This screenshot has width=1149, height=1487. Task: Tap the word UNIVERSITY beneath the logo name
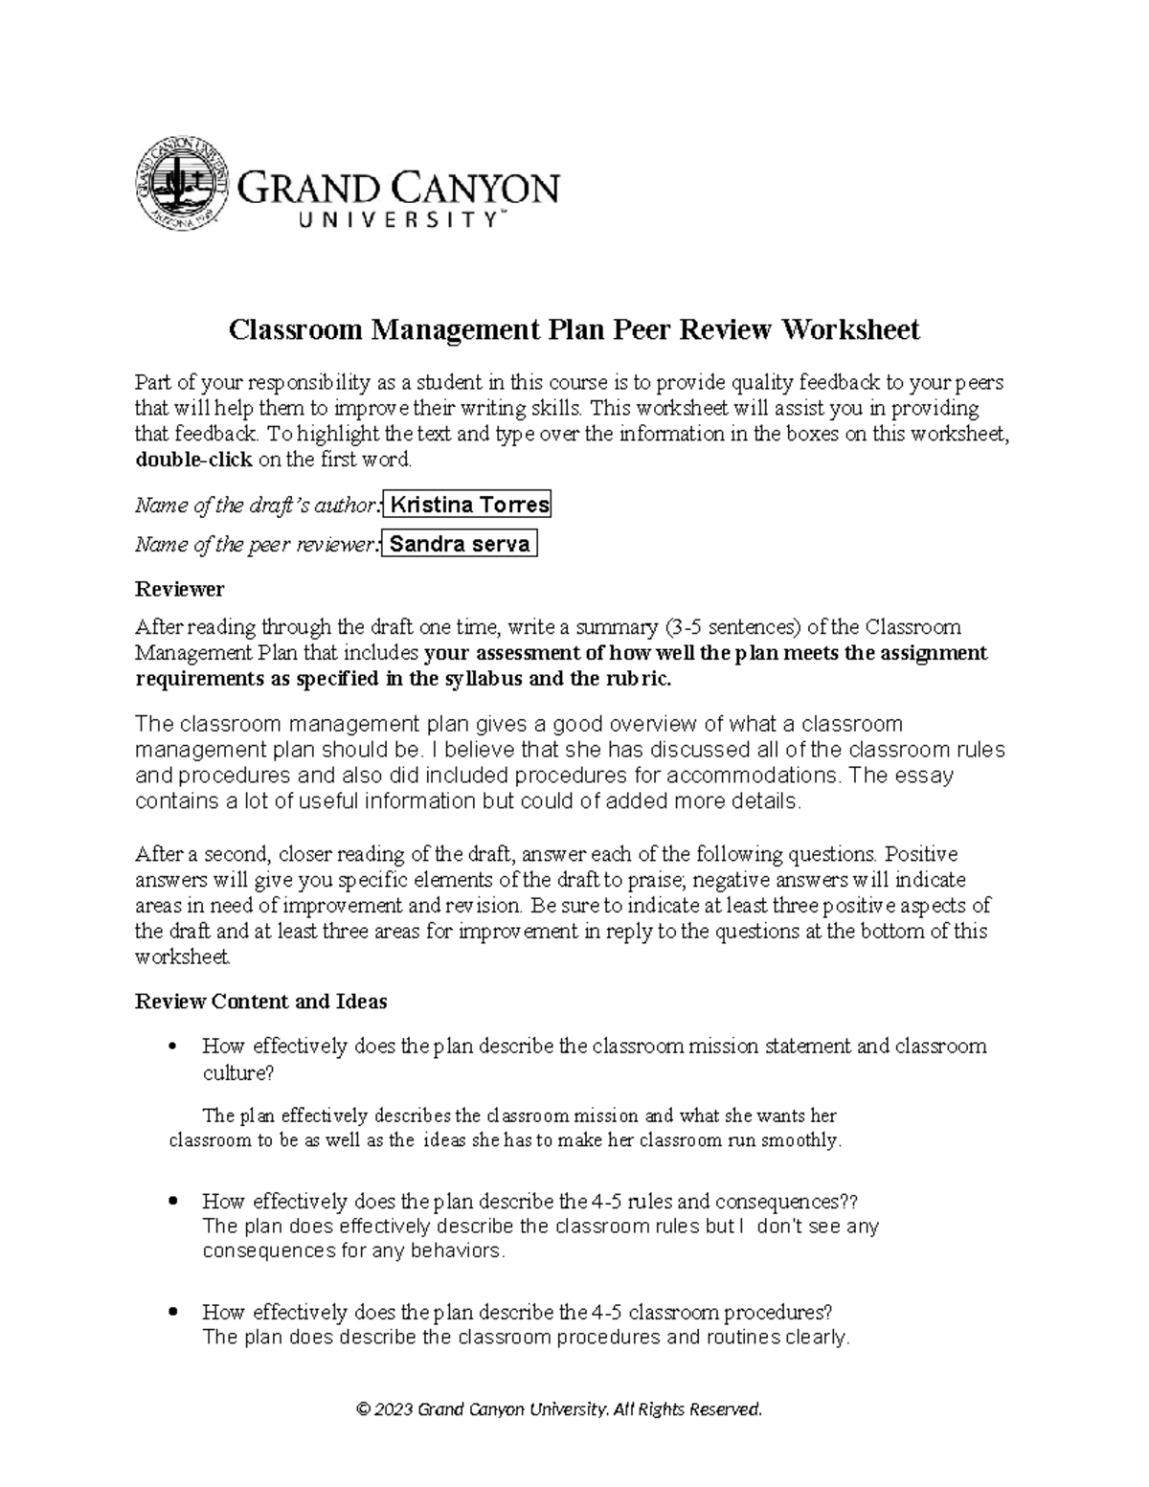coord(400,220)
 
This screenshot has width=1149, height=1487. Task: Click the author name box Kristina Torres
coord(467,505)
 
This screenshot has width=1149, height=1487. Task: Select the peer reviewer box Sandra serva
coord(460,544)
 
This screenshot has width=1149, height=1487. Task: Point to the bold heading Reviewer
coord(180,589)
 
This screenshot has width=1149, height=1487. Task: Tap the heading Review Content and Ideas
coord(260,1002)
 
